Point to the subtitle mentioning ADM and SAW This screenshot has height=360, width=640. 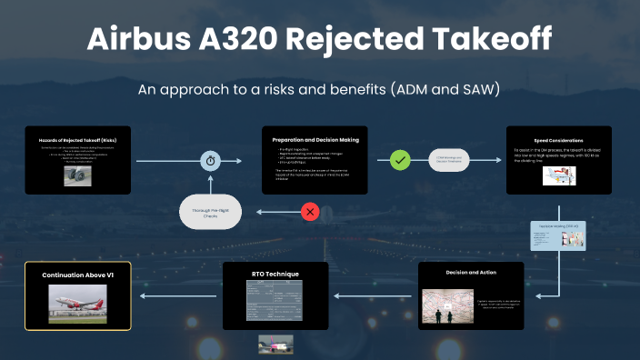pos(319,91)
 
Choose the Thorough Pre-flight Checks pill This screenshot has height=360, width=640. pos(211,213)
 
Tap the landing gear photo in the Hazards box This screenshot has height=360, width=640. pos(76,175)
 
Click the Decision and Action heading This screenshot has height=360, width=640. pos(471,272)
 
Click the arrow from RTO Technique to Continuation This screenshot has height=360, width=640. pos(178,295)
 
